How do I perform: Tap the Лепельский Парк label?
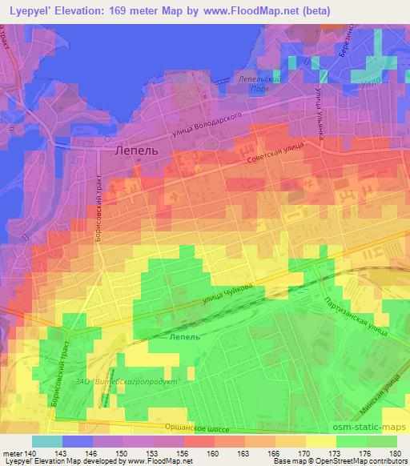pyautogui.click(x=258, y=85)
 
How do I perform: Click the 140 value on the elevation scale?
pyautogui.click(x=31, y=453)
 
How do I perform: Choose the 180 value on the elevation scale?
pyautogui.click(x=396, y=453)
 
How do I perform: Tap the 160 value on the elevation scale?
pyautogui.click(x=213, y=453)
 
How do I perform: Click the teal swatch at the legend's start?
pyautogui.click(x=46, y=441)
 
